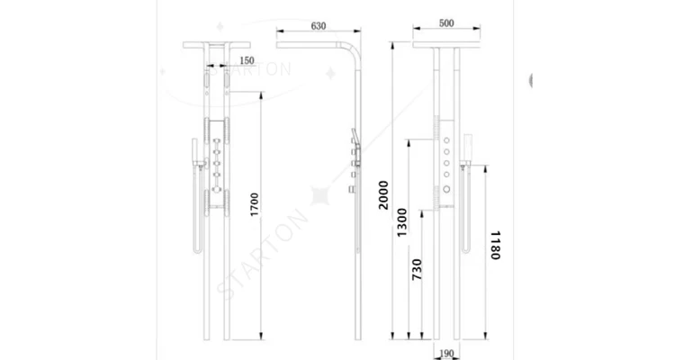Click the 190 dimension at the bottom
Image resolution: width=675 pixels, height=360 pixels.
(445, 353)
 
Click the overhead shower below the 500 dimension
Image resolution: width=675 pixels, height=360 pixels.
(446, 43)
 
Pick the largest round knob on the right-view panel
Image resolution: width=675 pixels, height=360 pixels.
(447, 190)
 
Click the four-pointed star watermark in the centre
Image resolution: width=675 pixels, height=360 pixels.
(320, 193)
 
